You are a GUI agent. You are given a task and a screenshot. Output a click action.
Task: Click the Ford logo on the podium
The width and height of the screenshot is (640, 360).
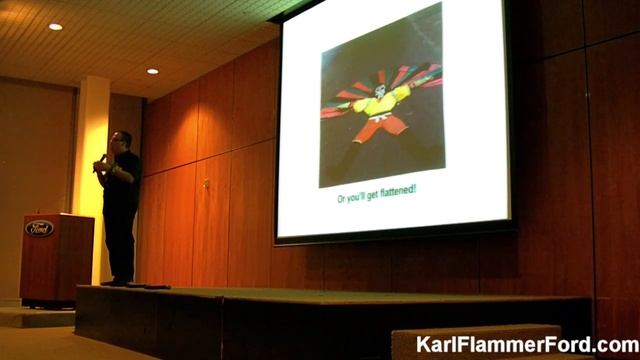40,228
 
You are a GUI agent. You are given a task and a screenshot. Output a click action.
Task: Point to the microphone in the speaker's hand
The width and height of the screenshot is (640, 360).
102,161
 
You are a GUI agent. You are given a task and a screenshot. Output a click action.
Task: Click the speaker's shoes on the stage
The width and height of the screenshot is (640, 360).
117,282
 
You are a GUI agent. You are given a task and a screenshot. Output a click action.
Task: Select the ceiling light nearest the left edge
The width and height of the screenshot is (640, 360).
55,26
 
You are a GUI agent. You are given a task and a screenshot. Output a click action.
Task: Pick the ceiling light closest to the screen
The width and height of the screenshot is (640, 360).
152,71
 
